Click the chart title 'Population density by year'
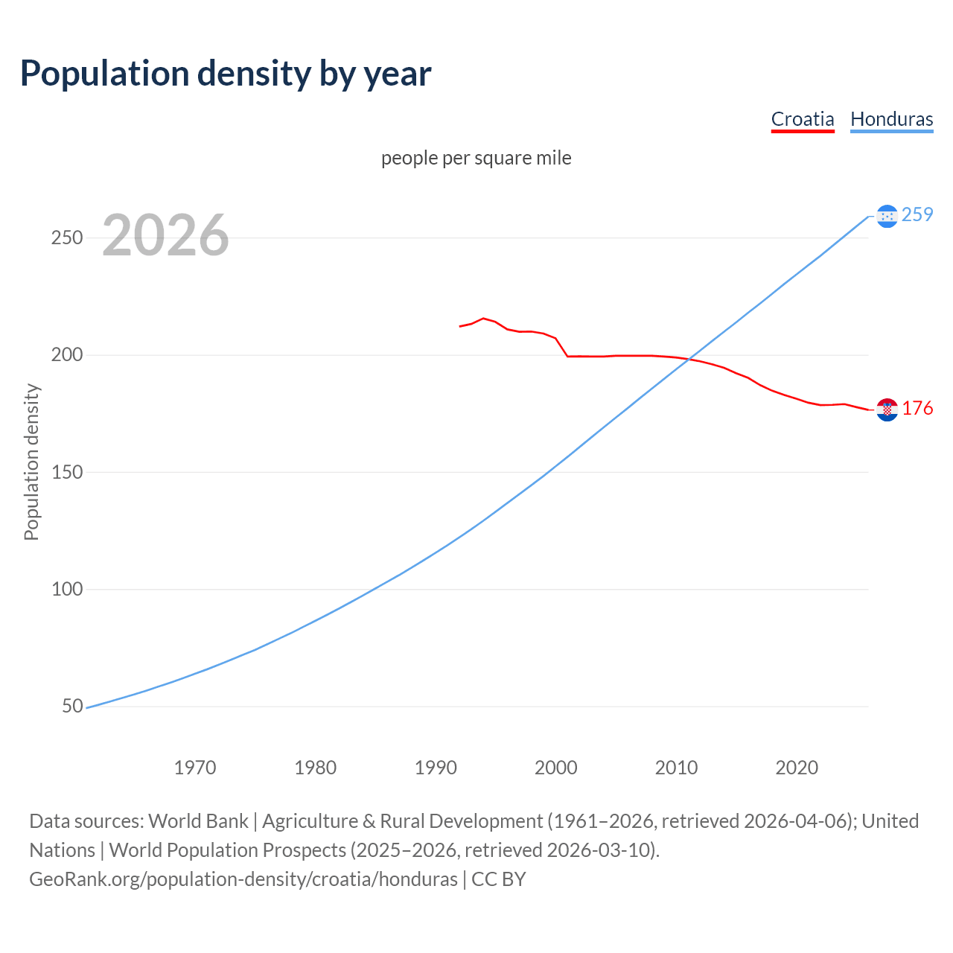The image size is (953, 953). pos(226,74)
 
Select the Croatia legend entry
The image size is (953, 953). pos(802,119)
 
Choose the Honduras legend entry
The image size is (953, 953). pos(891,119)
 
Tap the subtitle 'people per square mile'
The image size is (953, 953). pos(476,159)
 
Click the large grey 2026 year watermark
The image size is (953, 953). pos(165,235)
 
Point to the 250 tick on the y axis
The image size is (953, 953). pos(66,238)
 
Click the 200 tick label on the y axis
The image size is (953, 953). pos(66,355)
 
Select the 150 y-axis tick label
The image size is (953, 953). pos(66,472)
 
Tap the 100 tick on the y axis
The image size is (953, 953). pos(66,589)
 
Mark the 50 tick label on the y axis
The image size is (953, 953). pos(72,706)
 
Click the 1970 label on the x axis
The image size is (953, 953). pos(195,768)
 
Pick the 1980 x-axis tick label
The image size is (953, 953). pos(316,768)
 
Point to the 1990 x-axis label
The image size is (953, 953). pos(436,768)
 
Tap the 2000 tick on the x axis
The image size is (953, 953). pos(556,768)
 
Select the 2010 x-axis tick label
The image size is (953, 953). pos(676,768)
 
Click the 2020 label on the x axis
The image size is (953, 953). pos(797,768)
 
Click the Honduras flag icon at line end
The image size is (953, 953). pos(887,216)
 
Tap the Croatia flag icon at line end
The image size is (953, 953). pos(887,409)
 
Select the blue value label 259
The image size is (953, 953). pos(917,215)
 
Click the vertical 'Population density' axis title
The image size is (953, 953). pos(31,462)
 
